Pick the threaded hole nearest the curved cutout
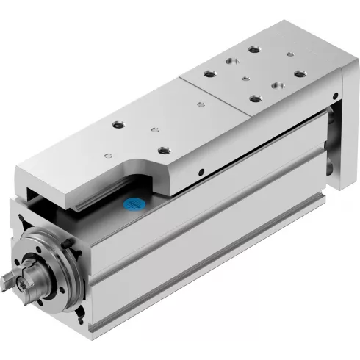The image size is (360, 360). point(163,151)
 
